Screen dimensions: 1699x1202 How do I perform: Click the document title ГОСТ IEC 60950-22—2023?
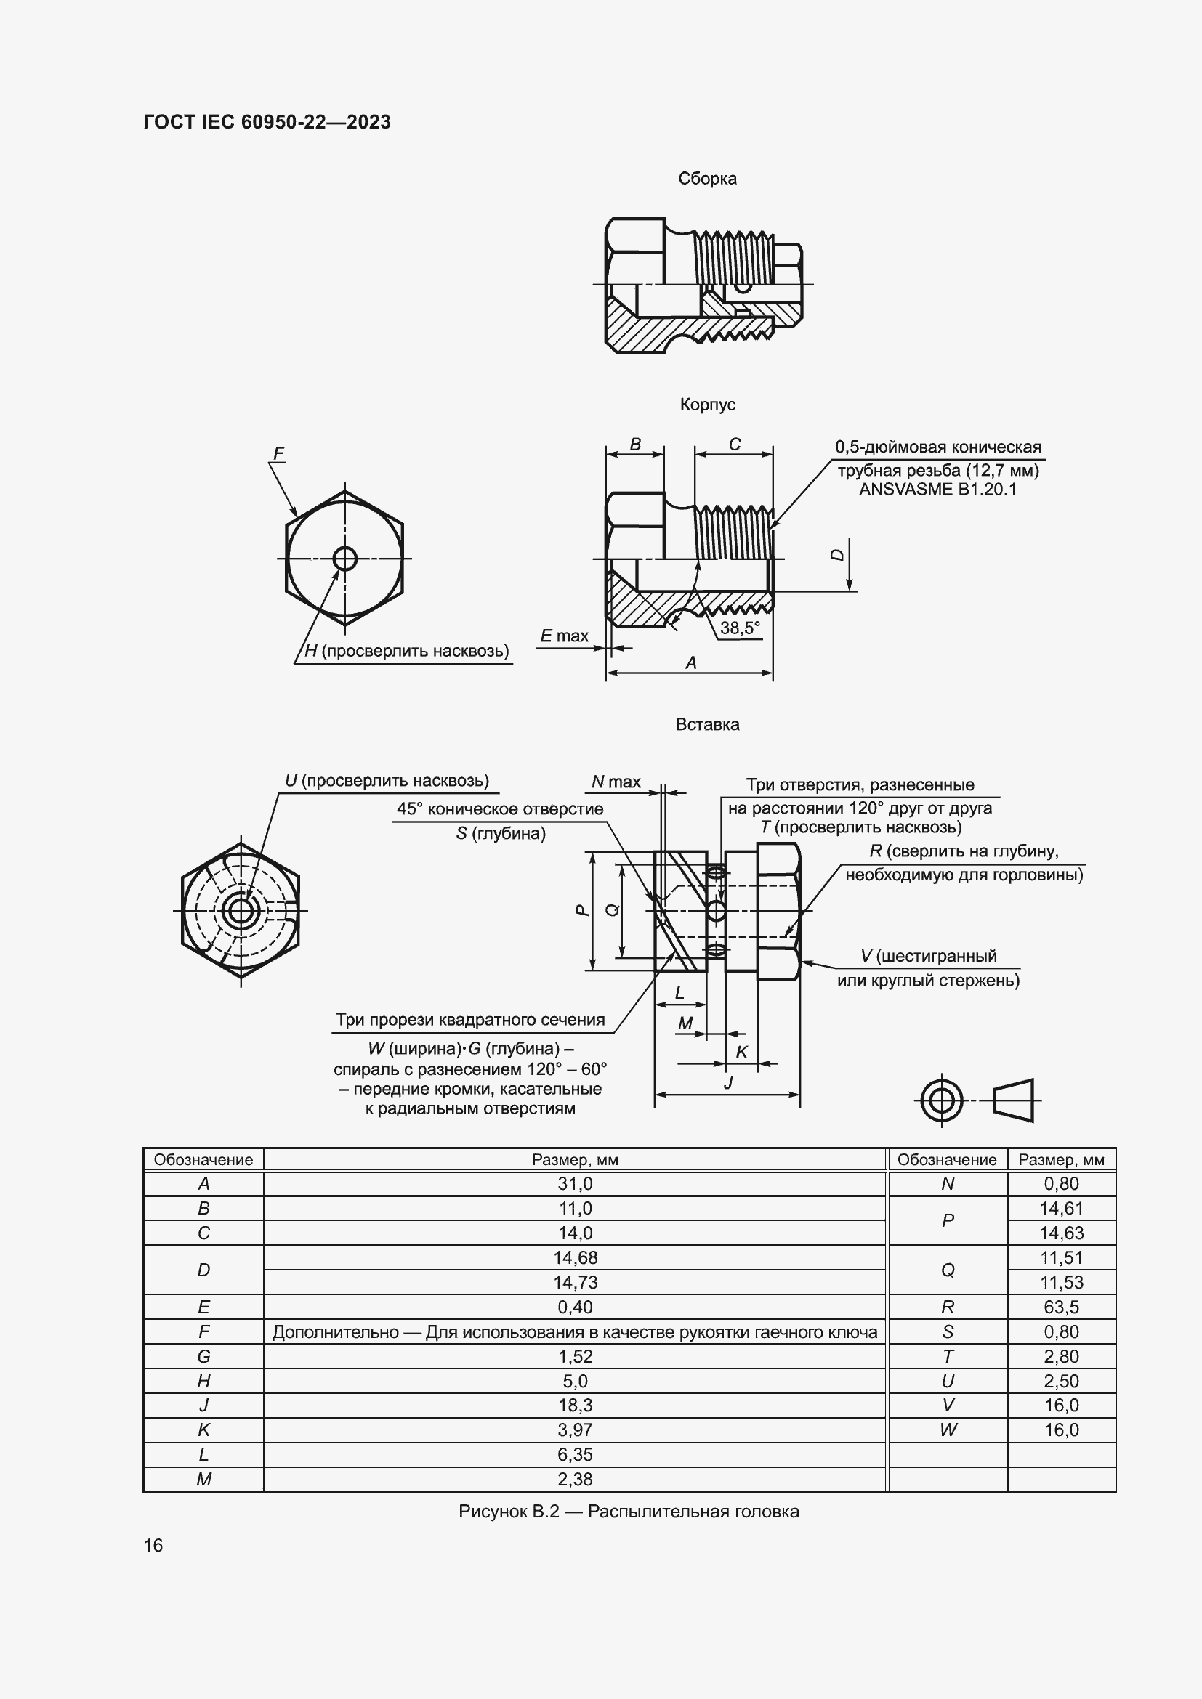(267, 122)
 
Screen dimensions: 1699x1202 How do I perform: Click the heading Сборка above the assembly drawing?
(707, 179)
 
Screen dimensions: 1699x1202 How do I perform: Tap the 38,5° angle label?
(739, 628)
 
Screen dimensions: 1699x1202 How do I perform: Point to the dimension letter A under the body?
(690, 662)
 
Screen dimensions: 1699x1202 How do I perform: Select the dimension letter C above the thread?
(734, 444)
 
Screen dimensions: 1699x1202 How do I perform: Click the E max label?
(564, 636)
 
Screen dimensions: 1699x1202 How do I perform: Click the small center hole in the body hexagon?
(345, 558)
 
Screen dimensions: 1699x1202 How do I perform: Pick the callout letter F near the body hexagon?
(278, 453)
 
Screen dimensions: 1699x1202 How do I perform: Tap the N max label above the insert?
(616, 782)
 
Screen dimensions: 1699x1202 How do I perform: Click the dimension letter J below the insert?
(727, 1083)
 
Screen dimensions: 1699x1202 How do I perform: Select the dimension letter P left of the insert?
(583, 910)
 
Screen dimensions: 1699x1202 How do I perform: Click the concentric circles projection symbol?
(940, 1100)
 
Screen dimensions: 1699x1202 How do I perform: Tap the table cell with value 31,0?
(574, 1183)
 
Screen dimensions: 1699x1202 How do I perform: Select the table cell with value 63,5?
(1060, 1307)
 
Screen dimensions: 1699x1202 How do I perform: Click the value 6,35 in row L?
(574, 1454)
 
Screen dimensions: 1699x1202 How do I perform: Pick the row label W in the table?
(948, 1430)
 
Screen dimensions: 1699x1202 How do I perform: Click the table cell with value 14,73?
(574, 1281)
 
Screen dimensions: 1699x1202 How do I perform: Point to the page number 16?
(153, 1545)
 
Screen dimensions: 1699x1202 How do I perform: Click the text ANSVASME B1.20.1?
(937, 489)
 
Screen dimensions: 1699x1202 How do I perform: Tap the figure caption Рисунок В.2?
(628, 1511)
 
